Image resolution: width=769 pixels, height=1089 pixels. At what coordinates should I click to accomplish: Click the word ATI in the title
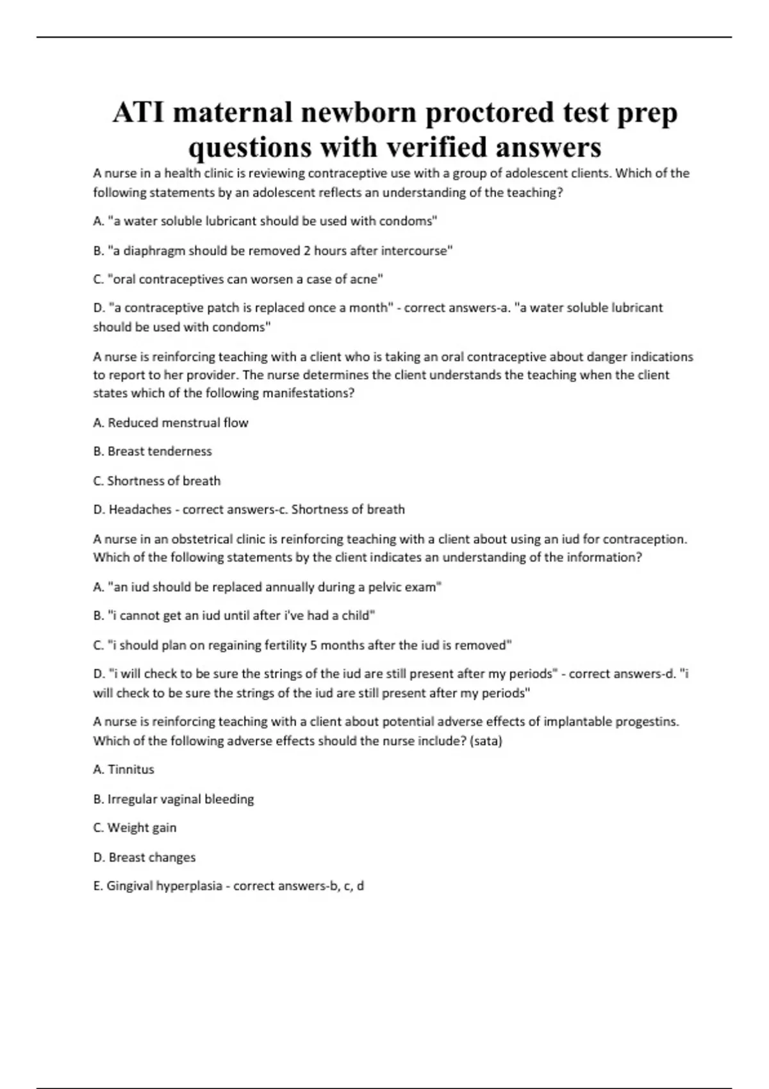tap(139, 113)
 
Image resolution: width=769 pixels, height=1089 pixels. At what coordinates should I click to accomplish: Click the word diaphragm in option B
tap(154, 250)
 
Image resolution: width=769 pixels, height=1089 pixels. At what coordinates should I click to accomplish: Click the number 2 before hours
tap(307, 250)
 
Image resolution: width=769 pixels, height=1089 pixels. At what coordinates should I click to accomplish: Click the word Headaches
tap(140, 510)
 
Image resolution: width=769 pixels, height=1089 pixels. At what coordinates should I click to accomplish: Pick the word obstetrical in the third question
tap(201, 539)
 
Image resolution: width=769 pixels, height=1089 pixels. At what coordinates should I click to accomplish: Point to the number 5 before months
tap(313, 645)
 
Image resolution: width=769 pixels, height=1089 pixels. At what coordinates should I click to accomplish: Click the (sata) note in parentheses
tap(486, 741)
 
